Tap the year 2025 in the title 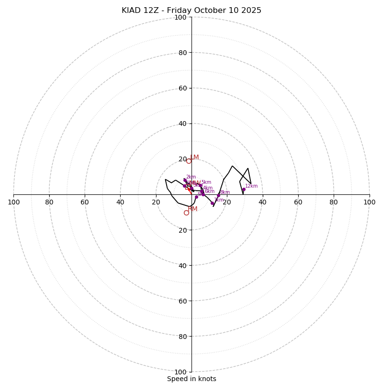(251, 11)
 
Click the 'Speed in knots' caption (191, 379)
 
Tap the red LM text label (194, 158)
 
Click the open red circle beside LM (189, 161)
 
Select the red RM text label (192, 209)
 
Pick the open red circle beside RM (186, 213)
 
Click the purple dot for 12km (243, 190)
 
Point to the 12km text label (251, 186)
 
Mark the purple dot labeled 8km (218, 195)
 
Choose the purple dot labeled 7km (212, 203)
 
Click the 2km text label (191, 177)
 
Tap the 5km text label (206, 182)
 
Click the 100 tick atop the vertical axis (180, 17)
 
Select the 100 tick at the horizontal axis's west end (13, 202)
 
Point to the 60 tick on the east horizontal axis (298, 202)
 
